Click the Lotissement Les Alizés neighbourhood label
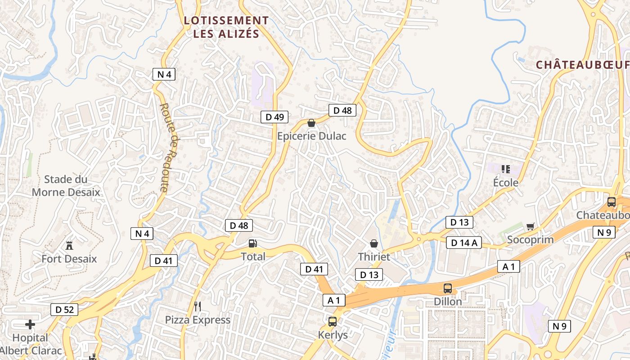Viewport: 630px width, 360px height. click(x=226, y=27)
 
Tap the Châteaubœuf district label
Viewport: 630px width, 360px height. click(x=582, y=65)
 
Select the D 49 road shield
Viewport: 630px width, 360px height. click(x=274, y=117)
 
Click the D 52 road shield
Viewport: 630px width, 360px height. click(x=64, y=310)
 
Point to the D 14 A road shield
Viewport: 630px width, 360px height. click(x=464, y=243)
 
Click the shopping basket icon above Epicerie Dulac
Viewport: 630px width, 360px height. click(x=311, y=123)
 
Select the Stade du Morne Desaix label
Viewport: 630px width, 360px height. click(x=66, y=186)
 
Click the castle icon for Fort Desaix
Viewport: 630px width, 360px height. click(x=69, y=246)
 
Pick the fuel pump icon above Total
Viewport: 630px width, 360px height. click(x=253, y=243)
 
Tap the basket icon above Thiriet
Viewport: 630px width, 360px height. click(x=373, y=243)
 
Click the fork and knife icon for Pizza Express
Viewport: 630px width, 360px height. click(x=198, y=307)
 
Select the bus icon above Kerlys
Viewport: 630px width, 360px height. click(x=333, y=322)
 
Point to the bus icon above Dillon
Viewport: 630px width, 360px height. click(x=448, y=288)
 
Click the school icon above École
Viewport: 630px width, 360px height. click(x=505, y=169)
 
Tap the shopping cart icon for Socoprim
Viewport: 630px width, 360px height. click(x=530, y=226)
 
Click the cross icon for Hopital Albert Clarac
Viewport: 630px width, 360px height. click(x=30, y=324)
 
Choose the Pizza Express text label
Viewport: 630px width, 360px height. click(x=198, y=320)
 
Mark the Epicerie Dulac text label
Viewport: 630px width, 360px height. click(x=312, y=136)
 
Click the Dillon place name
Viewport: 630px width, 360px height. click(x=448, y=301)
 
